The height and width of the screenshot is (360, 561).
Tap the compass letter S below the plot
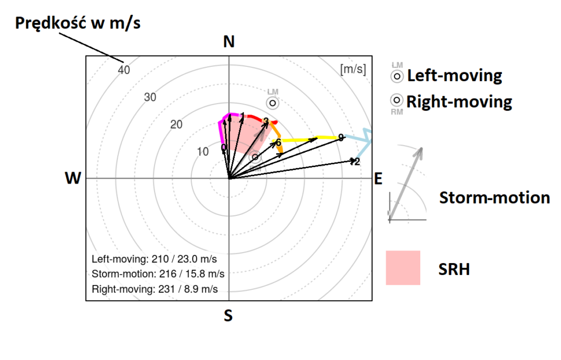(x=228, y=316)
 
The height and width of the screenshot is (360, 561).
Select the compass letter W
(x=73, y=178)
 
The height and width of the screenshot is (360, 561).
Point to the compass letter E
(x=377, y=178)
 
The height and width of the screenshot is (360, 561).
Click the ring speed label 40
(x=124, y=70)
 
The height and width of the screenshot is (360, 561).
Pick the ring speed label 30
(x=150, y=97)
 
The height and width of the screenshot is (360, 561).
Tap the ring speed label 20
(x=176, y=124)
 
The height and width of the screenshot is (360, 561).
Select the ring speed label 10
(x=203, y=152)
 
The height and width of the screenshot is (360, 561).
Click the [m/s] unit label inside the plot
(x=353, y=70)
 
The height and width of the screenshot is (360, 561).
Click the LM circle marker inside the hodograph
(x=272, y=102)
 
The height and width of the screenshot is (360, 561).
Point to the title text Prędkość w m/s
(x=78, y=24)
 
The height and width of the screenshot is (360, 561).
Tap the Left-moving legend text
(x=454, y=75)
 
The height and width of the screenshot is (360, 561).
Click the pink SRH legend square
(x=403, y=268)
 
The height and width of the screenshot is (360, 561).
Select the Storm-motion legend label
(x=494, y=198)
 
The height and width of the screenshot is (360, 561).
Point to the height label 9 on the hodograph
(x=341, y=138)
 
